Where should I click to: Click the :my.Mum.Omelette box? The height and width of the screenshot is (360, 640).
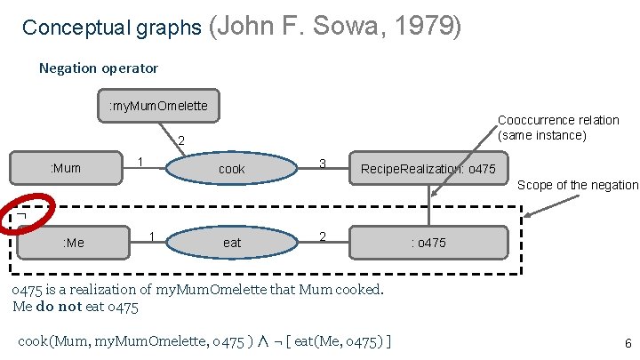tap(158, 106)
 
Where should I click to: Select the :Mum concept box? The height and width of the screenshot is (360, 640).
tap(66, 168)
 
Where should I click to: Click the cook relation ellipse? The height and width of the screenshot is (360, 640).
tap(231, 169)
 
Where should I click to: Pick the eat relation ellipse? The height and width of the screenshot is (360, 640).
tap(231, 242)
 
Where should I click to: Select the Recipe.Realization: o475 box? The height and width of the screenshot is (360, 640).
tap(428, 168)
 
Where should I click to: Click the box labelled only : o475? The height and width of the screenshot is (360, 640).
tap(428, 242)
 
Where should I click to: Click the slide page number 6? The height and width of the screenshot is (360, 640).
tap(628, 343)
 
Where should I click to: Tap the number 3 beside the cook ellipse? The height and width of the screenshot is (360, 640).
tap(324, 164)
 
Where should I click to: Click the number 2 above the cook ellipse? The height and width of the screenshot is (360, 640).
tap(181, 140)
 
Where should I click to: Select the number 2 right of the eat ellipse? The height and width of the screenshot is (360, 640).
tap(324, 236)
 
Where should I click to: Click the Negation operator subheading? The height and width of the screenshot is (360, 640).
tap(99, 68)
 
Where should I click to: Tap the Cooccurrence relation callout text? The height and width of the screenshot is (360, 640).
tap(558, 127)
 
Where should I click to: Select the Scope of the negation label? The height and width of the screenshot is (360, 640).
tap(578, 185)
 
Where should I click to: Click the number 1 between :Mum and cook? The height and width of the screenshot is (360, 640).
tap(140, 162)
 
